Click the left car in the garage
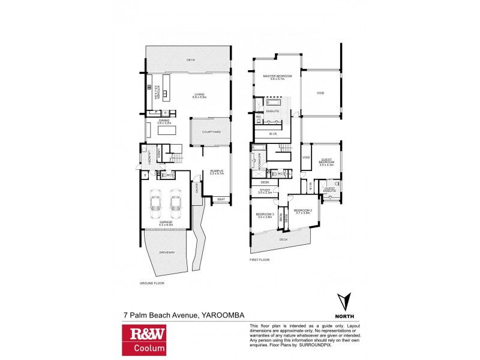coord(155,206)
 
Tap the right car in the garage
coord(176,206)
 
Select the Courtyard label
coord(211,132)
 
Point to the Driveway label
coord(167,253)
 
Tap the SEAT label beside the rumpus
coord(220,199)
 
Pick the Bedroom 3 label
coord(265,215)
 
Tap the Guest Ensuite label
coord(330,190)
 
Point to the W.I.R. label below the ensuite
coord(272,133)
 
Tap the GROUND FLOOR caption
coord(152,283)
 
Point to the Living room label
coord(199,95)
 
